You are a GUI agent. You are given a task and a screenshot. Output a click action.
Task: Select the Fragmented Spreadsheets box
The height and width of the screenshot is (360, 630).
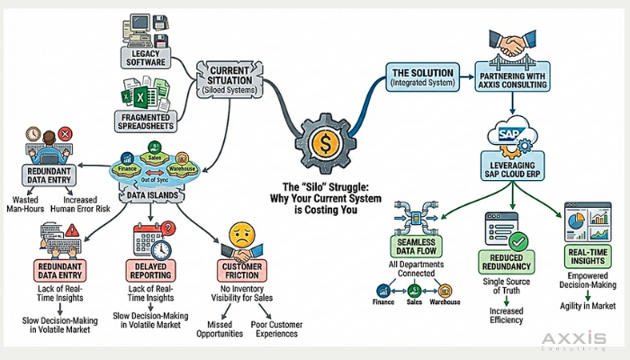[x=144, y=120]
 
